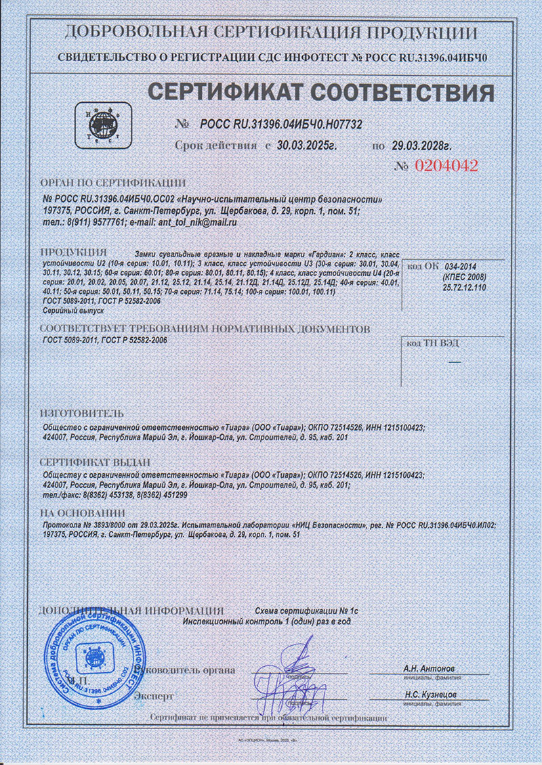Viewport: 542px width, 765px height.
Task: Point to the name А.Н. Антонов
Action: click(430, 669)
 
